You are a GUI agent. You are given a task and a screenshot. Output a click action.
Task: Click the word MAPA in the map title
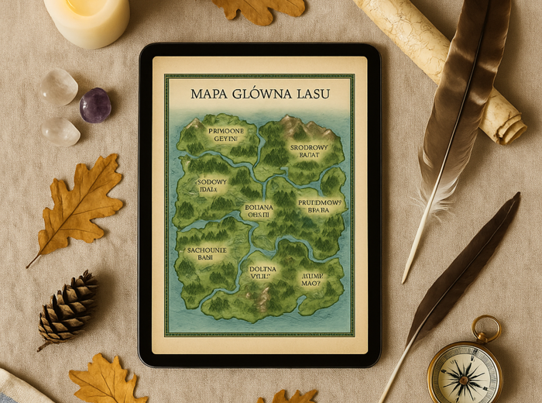210,94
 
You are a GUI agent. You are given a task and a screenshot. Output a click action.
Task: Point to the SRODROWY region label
308,146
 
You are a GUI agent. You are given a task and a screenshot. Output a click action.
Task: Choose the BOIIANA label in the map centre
259,207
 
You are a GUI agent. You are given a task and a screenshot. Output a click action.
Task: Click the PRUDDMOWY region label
319,200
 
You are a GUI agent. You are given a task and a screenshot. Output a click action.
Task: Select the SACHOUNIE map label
205,251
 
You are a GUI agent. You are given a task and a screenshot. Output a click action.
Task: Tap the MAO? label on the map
310,283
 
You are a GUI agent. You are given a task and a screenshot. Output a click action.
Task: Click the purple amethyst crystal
95,105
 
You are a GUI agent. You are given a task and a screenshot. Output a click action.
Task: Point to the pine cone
68,308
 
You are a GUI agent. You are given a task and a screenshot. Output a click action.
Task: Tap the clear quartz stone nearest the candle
59,86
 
